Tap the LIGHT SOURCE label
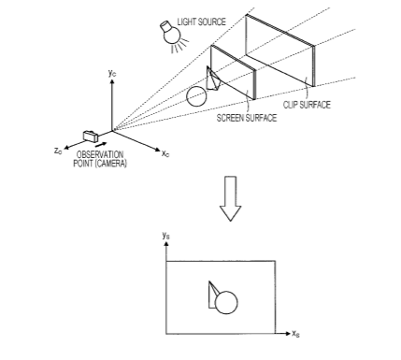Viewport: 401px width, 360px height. [201, 22]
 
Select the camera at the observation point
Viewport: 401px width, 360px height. [91, 136]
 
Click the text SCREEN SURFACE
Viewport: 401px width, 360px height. [247, 118]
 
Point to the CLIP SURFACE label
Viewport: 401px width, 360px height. [307, 105]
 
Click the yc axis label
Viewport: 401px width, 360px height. [112, 73]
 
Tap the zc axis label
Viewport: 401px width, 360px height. [58, 151]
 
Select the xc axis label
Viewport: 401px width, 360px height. [165, 153]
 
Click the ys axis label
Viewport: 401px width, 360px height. [166, 236]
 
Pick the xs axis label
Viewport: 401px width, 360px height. [295, 334]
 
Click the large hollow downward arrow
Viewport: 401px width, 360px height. [230, 198]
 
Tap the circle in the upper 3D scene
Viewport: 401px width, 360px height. [196, 96]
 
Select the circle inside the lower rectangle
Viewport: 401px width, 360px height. [226, 303]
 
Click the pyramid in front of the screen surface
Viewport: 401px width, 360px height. [213, 79]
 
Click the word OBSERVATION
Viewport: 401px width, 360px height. [100, 154]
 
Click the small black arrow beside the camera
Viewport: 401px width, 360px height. [101, 145]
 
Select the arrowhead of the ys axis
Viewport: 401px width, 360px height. [166, 243]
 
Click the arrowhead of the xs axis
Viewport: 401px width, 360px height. [287, 334]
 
